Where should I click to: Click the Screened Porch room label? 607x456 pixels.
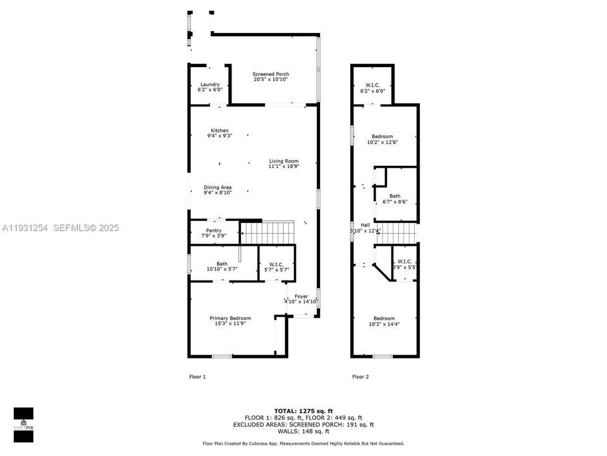(x=271, y=74)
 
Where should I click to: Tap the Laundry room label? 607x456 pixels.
(x=210, y=85)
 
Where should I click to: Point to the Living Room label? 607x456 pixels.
(x=283, y=161)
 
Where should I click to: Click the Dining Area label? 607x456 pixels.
(x=218, y=187)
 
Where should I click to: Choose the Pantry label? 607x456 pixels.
(x=214, y=231)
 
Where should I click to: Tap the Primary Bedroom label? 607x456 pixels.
(x=230, y=319)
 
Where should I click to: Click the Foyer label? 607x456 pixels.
(x=301, y=296)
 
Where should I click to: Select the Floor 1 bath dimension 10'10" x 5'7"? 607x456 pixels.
(x=222, y=269)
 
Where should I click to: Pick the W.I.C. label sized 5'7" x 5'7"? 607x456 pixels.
(x=276, y=269)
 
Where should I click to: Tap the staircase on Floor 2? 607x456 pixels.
(x=395, y=232)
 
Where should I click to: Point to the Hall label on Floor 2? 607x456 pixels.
(x=365, y=225)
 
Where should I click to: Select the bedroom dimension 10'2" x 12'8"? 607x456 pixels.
(x=382, y=142)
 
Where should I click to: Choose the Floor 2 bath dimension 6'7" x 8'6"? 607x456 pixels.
(x=395, y=202)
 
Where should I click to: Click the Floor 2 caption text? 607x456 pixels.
(x=360, y=377)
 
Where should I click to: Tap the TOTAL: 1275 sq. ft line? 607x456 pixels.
(x=303, y=411)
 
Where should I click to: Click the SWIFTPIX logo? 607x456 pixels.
(x=23, y=420)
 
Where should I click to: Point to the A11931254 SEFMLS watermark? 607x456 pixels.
(x=60, y=228)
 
